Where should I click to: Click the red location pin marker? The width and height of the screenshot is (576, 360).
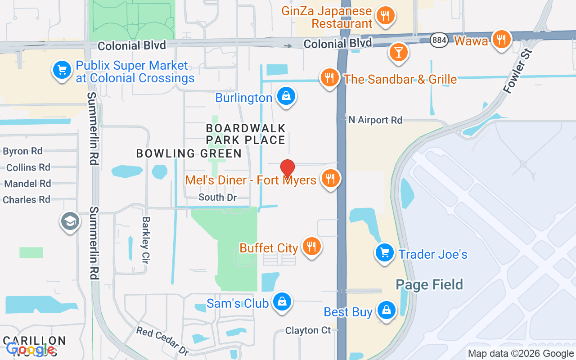[288, 168]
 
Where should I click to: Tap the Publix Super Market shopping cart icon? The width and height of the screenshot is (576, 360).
[62, 70]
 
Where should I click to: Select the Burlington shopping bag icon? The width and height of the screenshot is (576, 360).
[286, 96]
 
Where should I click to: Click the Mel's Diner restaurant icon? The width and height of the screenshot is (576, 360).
[331, 179]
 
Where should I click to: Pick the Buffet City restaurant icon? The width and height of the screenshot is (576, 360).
[311, 246]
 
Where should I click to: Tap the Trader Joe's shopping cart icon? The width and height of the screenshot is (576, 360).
[385, 252]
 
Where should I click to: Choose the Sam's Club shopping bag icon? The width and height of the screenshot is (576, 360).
[282, 301]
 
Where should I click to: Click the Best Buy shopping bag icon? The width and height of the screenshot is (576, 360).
[386, 310]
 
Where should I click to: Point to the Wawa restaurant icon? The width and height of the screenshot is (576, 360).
[500, 40]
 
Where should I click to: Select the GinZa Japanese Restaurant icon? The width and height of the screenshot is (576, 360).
[385, 16]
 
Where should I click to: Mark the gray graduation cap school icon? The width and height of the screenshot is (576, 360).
[70, 221]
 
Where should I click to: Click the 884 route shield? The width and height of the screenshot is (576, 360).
[439, 40]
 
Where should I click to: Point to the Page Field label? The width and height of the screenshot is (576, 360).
[429, 284]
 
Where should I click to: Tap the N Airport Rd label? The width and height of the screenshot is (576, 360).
[375, 120]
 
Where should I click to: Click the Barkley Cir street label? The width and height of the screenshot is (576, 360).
[146, 240]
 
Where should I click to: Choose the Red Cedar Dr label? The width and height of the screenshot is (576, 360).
[162, 341]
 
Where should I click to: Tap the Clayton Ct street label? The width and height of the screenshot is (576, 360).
[308, 331]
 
